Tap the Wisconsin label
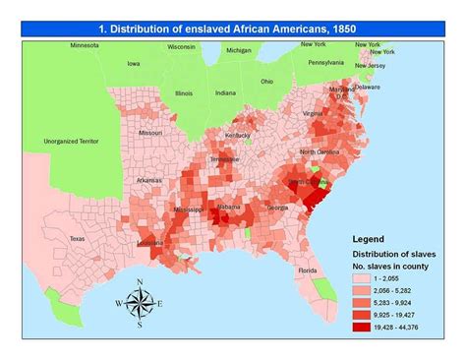[x=181, y=45]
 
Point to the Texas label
[x=77, y=238]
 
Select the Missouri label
[x=150, y=133]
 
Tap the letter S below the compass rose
[x=140, y=325]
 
